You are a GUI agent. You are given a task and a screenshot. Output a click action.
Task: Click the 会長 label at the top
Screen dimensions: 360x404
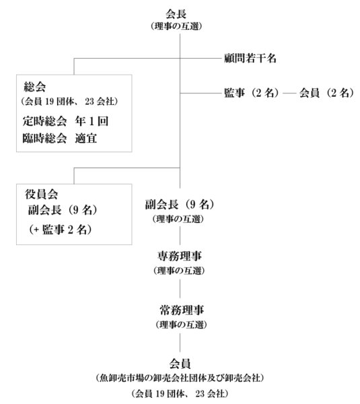click(176, 14)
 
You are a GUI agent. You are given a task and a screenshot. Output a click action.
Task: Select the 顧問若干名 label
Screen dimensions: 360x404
click(250, 58)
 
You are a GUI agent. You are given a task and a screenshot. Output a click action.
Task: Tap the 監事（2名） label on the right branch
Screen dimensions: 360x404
click(252, 93)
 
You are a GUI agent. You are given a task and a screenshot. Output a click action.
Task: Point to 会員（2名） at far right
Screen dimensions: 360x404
click(327, 93)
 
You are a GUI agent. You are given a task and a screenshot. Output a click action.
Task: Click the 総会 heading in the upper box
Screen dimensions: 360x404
click(35, 87)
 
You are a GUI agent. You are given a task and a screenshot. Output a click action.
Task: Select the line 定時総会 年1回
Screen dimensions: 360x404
click(65, 121)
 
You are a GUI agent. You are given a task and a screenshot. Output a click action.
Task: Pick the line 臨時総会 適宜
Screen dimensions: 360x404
click(60, 139)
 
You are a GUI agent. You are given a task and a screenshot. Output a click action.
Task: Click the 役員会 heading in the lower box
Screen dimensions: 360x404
click(41, 194)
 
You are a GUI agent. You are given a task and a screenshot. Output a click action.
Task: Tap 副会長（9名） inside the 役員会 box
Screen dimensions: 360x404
click(63, 210)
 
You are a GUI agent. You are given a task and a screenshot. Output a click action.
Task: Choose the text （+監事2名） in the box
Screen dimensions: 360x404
click(61, 230)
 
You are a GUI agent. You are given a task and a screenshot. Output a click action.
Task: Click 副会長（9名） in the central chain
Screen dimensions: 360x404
click(180, 205)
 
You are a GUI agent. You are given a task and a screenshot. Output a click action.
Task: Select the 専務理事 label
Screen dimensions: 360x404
click(180, 256)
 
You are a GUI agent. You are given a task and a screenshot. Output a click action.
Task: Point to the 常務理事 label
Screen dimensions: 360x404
click(182, 310)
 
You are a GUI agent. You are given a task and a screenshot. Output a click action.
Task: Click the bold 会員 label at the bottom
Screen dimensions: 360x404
click(180, 364)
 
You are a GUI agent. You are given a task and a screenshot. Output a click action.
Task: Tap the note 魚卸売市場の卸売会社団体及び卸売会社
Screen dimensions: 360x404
click(180, 378)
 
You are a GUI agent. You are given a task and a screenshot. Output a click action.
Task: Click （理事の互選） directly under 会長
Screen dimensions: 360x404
click(176, 26)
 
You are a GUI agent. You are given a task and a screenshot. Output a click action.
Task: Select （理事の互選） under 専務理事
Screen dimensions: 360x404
click(179, 271)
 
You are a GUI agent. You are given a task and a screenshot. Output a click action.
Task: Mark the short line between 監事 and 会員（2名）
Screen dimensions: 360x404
click(289, 93)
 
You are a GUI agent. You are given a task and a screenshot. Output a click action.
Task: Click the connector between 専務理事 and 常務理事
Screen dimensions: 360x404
click(180, 289)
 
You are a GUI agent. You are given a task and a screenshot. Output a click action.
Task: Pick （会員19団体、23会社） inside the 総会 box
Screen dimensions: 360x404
click(69, 102)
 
